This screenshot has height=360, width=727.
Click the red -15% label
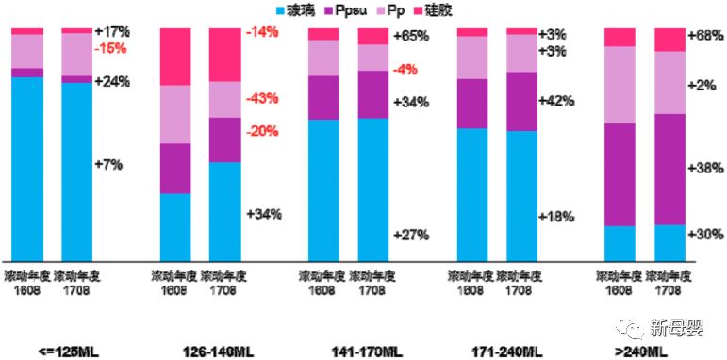coord(111,48)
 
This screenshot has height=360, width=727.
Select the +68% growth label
coord(707,36)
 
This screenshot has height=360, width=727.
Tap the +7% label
coord(108,164)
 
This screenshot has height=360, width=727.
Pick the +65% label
coord(411,36)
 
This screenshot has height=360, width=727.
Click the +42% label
coord(556,101)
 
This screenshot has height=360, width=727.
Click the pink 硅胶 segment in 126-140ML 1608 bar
coord(175,57)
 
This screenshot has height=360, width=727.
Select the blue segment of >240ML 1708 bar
coord(670,242)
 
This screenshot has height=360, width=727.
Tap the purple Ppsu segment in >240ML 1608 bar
coord(620,174)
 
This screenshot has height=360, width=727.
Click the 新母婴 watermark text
coord(677,327)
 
